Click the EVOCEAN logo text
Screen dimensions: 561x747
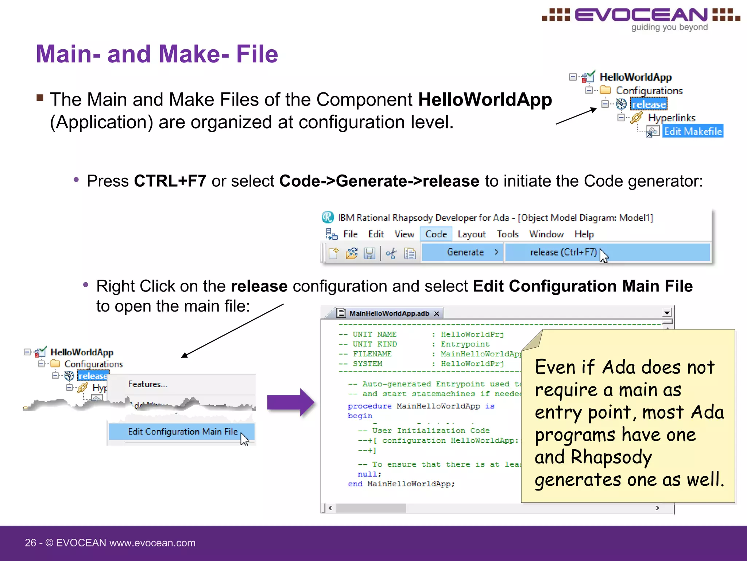[641, 15]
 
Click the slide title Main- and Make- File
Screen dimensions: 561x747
[157, 54]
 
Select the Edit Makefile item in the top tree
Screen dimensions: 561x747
[692, 131]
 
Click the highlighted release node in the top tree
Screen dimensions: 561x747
[649, 104]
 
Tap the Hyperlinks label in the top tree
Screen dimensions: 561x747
[671, 118]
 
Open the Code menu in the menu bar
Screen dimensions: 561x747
[436, 234]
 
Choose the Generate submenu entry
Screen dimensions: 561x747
[465, 252]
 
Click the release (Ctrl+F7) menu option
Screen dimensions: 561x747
[563, 252]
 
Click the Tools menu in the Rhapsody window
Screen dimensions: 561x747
[507, 234]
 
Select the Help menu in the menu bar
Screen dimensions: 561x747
[584, 234]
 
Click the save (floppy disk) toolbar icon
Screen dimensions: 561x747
[369, 253]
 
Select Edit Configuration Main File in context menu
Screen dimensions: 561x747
[182, 432]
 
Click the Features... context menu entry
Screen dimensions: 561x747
[147, 384]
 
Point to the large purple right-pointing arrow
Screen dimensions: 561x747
[290, 402]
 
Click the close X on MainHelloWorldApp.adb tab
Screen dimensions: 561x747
[437, 314]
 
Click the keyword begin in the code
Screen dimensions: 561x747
[360, 416]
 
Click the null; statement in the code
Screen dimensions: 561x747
[369, 474]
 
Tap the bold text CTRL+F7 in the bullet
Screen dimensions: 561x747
[170, 181]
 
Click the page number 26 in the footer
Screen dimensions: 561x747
[30, 543]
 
